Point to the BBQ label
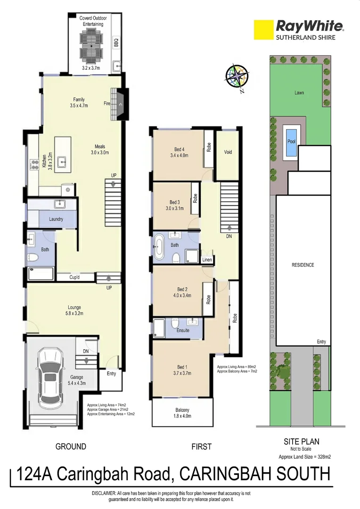point(116,42)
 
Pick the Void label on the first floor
point(228,152)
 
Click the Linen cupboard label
point(207,260)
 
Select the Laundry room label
point(57,219)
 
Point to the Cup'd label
point(74,278)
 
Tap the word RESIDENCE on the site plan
point(302,265)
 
